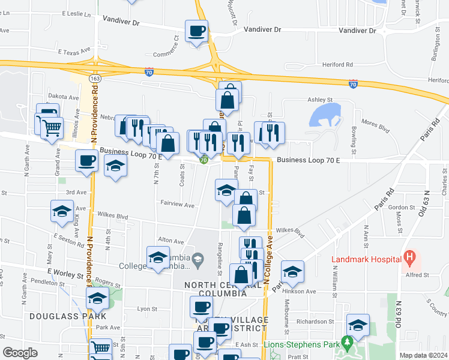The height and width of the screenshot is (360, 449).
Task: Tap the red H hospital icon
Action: click(411, 259)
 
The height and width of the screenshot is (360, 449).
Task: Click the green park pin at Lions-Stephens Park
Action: click(346, 343)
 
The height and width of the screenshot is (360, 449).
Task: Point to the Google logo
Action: click(20, 352)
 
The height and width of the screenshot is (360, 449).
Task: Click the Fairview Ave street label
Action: click(177, 205)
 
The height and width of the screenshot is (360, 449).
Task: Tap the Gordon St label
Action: click(399, 208)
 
